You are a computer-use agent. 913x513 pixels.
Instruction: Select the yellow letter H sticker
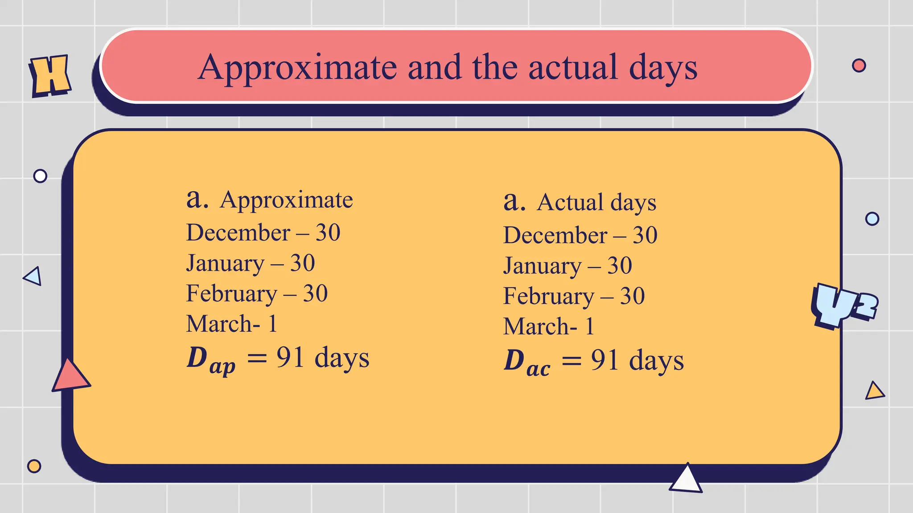pos(50,76)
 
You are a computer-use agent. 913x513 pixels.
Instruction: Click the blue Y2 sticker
pos(843,306)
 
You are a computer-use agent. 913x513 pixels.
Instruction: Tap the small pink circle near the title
pos(859,65)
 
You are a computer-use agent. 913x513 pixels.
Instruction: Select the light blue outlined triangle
pos(33,276)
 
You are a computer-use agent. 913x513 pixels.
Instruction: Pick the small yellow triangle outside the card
pos(874,391)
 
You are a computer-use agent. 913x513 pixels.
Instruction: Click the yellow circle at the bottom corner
pos(34,466)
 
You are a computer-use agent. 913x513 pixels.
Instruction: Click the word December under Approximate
pos(238,233)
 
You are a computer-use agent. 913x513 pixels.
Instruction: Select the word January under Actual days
pos(542,266)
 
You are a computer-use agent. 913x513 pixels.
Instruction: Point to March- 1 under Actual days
pos(548,326)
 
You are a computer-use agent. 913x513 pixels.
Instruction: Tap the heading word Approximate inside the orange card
pos(286,200)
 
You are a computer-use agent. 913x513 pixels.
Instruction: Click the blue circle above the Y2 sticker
pos(872,219)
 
